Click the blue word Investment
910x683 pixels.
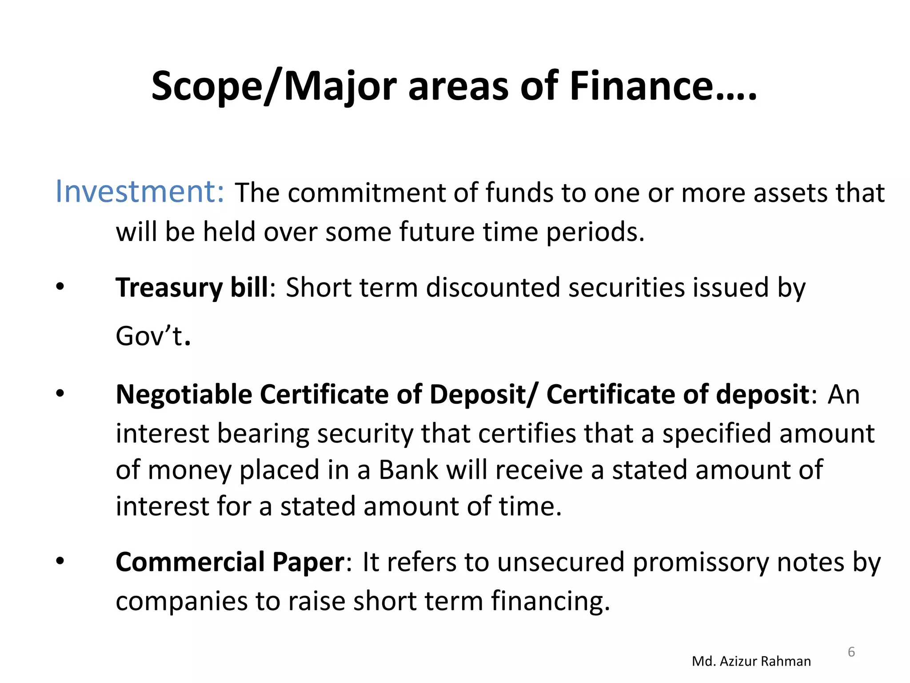pos(139,192)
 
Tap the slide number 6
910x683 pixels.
pos(851,652)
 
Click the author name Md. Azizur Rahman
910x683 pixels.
pos(751,661)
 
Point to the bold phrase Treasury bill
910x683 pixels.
pos(192,288)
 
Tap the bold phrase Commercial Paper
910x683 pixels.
pos(230,562)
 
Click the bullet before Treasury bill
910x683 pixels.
pos(60,287)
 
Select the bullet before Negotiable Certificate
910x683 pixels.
pos(60,394)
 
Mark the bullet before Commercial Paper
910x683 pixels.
pos(60,561)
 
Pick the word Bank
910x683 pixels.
pos(408,470)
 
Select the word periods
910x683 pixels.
pos(595,233)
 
